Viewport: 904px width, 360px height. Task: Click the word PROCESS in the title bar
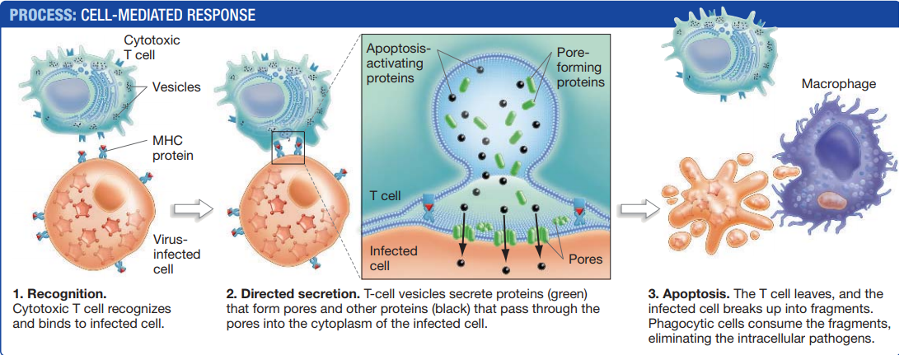point(41,14)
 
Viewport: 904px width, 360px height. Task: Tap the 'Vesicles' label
point(176,87)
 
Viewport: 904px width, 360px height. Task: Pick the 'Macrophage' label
point(838,85)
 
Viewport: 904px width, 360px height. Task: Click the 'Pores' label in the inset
point(586,259)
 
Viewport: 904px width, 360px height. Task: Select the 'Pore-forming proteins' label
point(581,68)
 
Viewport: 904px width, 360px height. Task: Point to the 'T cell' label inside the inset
point(385,196)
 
